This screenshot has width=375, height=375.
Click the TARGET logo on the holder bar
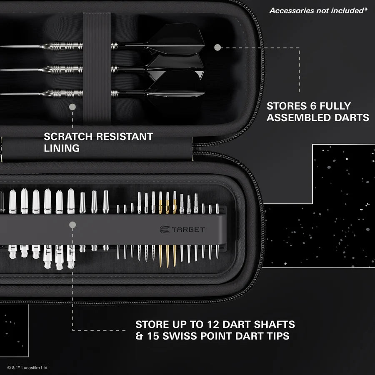click(182, 229)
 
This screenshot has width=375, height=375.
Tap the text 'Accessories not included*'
click(318, 10)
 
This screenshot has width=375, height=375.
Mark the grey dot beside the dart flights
click(217, 47)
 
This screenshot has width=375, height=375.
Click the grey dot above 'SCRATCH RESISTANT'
click(72, 107)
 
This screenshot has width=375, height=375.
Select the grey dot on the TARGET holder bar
click(72, 225)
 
